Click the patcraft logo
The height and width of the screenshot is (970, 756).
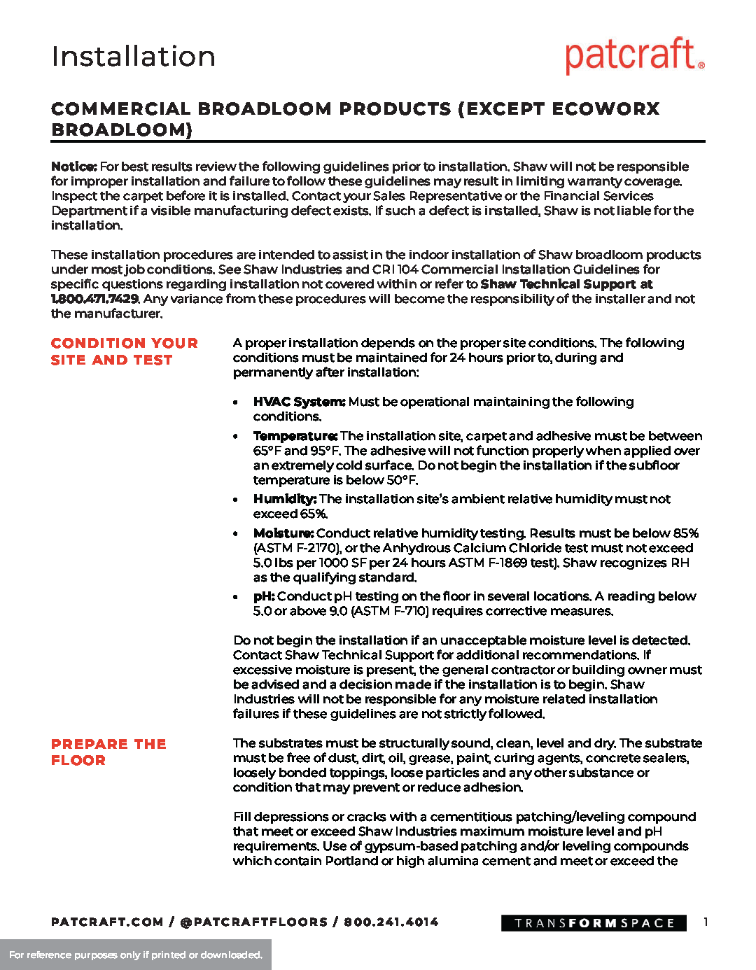634,56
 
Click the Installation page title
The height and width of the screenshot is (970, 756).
134,57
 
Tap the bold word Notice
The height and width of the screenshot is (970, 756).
73,167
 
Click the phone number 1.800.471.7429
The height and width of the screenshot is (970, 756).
94,299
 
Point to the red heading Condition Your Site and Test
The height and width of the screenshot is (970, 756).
124,351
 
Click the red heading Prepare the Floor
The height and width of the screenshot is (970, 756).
108,752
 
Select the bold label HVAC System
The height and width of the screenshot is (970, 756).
299,402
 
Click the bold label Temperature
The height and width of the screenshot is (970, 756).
295,436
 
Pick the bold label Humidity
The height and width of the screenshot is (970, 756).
285,499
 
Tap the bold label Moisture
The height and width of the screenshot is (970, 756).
283,533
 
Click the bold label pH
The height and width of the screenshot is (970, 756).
263,596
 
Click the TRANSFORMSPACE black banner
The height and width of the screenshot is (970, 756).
594,923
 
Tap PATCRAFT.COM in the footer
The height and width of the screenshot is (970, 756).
107,922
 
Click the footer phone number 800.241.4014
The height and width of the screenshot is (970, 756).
391,922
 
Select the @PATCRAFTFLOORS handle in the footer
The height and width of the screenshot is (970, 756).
253,922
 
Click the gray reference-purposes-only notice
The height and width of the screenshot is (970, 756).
136,955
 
